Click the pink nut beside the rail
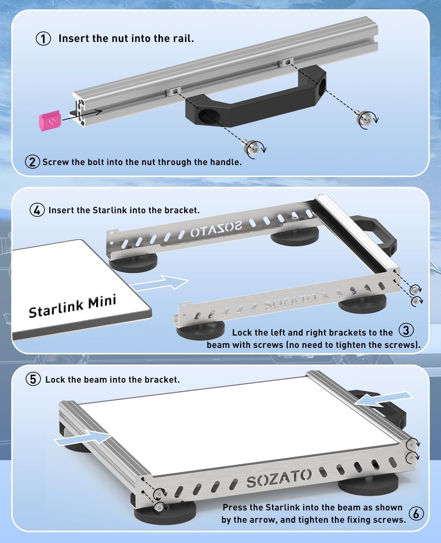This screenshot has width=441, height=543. tap(50, 121)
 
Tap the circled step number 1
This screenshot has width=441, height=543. tap(43, 39)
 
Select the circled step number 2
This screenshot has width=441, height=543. tap(32, 162)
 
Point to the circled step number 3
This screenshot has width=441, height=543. tap(406, 331)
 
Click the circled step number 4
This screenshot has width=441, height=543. tap(37, 210)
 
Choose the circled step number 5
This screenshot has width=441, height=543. tap(33, 379)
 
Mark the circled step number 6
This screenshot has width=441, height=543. tap(416, 513)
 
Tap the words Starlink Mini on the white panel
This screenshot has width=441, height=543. tap(72, 306)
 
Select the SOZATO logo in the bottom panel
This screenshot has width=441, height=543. tap(279, 478)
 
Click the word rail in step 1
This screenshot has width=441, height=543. tap(184, 38)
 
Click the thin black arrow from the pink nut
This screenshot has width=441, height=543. tap(82, 115)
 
